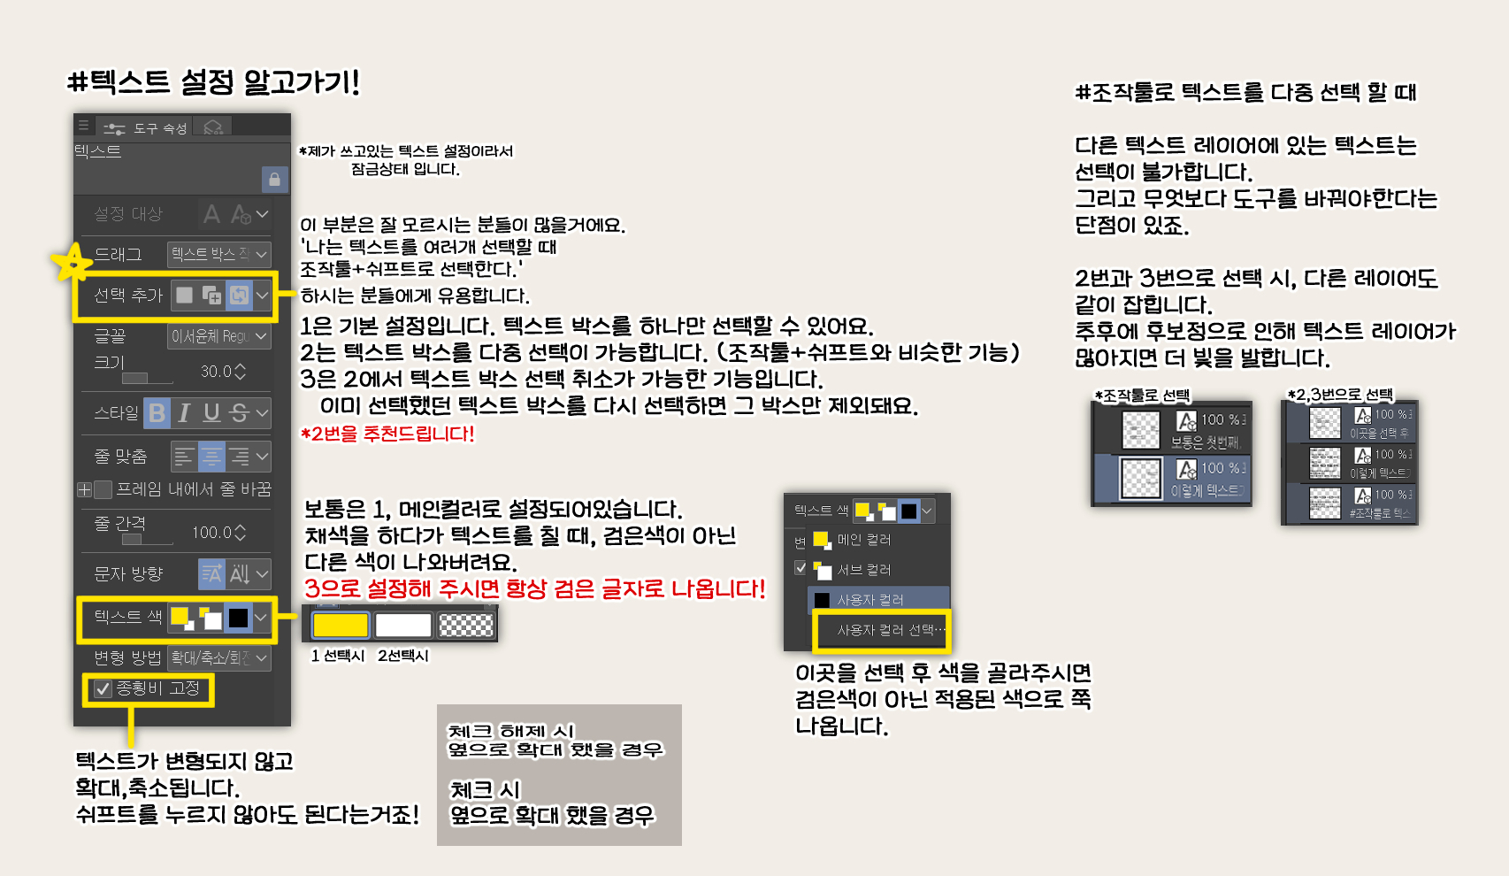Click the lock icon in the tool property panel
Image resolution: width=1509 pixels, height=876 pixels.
[274, 180]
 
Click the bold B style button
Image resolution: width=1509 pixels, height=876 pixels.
[157, 412]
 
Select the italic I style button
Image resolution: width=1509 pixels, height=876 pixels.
[184, 412]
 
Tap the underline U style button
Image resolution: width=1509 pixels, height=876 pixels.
[211, 412]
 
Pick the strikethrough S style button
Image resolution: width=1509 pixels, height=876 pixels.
[238, 412]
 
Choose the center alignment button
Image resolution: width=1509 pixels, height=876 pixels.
[211, 457]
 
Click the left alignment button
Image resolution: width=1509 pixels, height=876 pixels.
[184, 457]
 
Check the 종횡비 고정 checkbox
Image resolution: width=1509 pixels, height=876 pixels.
[103, 688]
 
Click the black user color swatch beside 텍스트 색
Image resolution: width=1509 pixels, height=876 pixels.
[238, 618]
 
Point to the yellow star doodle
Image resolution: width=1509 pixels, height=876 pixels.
[71, 262]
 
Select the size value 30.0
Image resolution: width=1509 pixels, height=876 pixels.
[216, 372]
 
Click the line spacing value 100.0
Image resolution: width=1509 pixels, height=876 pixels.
[211, 533]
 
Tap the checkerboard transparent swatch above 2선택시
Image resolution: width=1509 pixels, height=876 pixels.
[466, 625]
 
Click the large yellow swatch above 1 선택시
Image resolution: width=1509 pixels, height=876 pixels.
[341, 625]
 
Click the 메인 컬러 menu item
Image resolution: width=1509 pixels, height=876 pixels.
[863, 540]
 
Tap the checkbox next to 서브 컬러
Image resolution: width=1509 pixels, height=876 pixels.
[800, 568]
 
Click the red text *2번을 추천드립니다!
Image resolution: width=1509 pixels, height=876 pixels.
[387, 434]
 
